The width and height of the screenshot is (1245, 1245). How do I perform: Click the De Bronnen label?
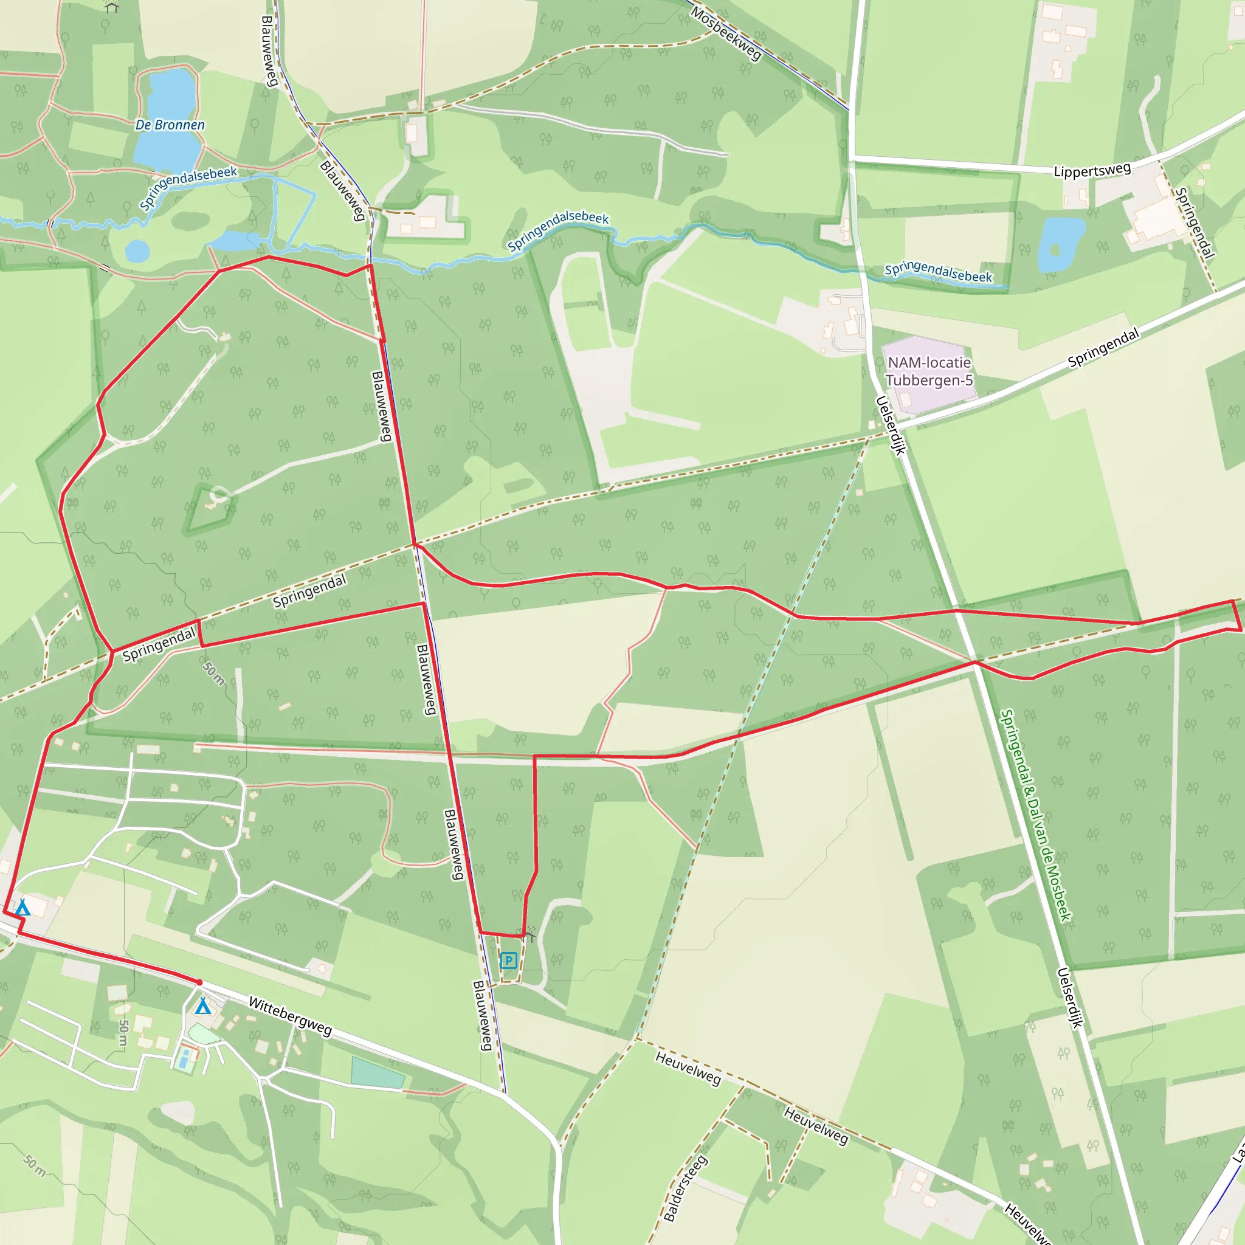pos(170,125)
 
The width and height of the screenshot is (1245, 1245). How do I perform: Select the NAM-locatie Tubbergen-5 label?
pos(929,372)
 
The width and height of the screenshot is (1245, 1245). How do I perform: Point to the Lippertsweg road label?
pos(1092,171)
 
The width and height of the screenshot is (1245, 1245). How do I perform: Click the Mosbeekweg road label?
pos(726,33)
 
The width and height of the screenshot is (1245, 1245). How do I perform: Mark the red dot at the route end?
pos(200,982)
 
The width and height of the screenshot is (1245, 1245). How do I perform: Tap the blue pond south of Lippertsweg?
pos(1060,244)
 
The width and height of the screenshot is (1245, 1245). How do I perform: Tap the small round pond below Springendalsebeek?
pos(137,250)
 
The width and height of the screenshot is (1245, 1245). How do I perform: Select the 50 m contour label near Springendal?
pos(213,673)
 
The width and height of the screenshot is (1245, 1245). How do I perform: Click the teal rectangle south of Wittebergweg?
pos(377,1073)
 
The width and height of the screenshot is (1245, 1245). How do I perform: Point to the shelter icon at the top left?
pos(112,7)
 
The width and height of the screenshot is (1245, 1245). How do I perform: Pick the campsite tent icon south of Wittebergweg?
pos(203,1006)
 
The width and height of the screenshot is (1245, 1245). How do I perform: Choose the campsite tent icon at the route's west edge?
pos(22,908)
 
